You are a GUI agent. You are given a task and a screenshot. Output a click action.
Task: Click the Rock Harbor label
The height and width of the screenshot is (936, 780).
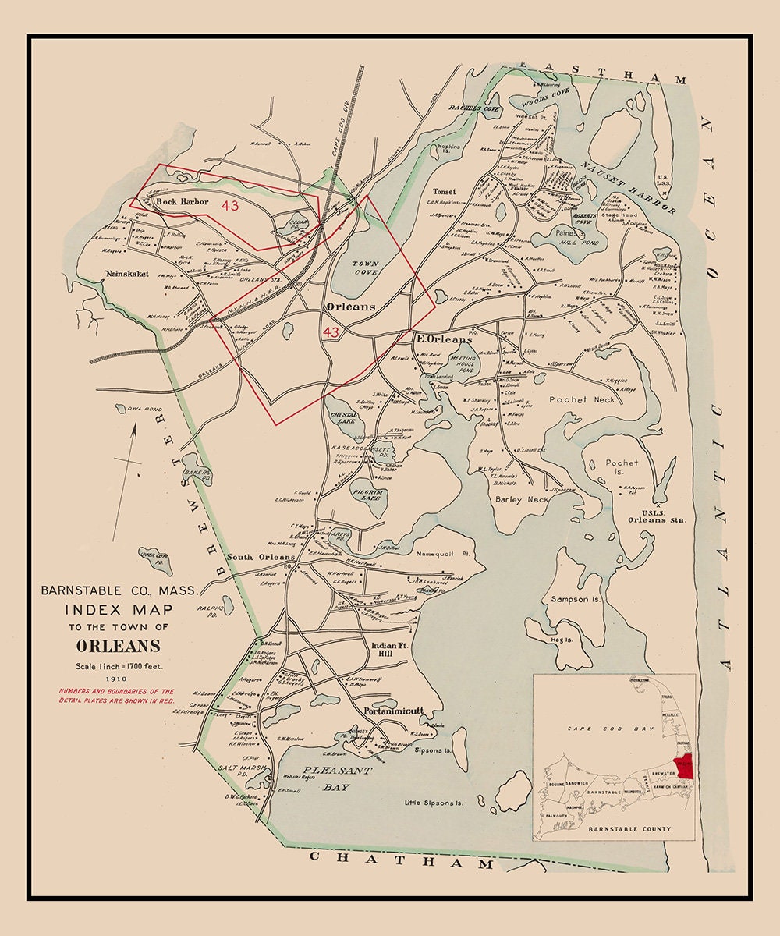182,202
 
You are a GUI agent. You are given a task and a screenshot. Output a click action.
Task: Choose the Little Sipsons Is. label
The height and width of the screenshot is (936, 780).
434,802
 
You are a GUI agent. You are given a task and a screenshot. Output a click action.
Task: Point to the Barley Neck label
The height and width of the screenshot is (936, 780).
522,498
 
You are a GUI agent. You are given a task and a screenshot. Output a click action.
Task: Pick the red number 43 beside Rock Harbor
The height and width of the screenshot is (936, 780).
230,206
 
